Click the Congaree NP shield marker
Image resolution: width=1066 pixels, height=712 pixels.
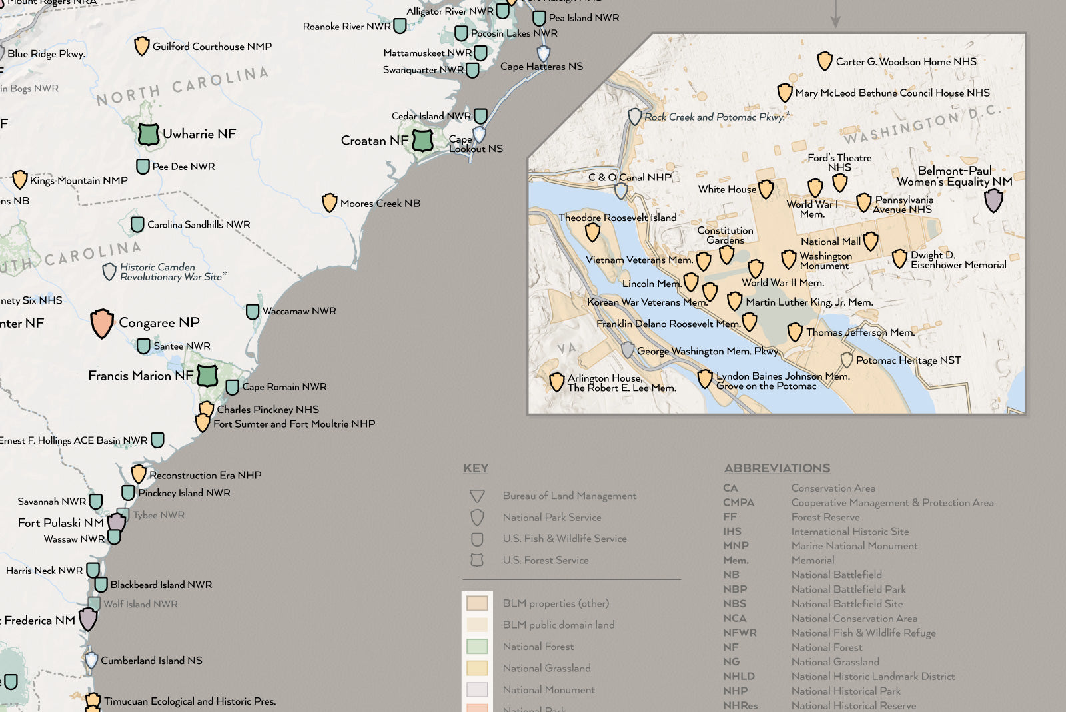[x=102, y=324]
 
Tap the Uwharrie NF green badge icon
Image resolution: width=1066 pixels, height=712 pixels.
[x=148, y=134]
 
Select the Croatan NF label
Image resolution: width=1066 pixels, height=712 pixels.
[x=374, y=141]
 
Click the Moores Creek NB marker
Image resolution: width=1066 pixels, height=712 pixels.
[x=329, y=202]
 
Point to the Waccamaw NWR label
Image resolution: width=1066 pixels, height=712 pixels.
[x=298, y=311]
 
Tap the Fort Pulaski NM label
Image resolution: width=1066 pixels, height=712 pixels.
[x=61, y=523]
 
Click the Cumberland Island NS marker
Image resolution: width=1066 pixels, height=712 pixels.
[x=91, y=660]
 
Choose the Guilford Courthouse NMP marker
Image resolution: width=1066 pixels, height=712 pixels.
[x=141, y=46]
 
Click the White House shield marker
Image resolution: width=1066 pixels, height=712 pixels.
[x=766, y=189]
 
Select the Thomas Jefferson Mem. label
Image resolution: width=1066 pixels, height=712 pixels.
[x=860, y=332]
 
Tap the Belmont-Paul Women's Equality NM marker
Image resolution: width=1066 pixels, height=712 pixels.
[x=993, y=200]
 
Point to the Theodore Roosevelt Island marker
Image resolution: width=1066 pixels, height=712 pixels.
[x=592, y=232]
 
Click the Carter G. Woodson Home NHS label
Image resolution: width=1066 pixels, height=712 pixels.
[x=906, y=61]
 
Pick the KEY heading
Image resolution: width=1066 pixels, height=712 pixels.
[x=476, y=468]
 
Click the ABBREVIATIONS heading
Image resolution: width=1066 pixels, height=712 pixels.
[x=777, y=468]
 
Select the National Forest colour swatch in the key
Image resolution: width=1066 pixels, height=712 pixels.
[x=477, y=646]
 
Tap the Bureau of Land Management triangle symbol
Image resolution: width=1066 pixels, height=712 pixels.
[x=476, y=496]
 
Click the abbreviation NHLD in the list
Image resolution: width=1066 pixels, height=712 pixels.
[x=738, y=676]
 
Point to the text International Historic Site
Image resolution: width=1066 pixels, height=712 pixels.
[x=849, y=532]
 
